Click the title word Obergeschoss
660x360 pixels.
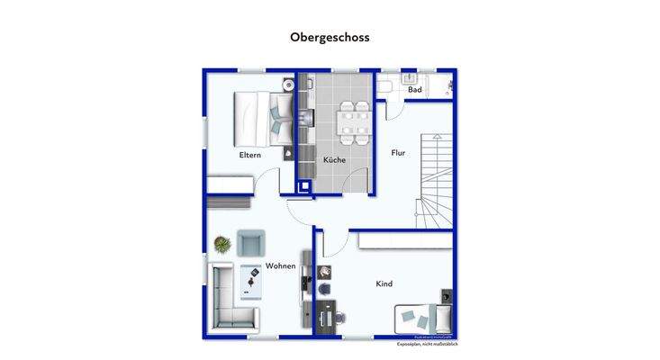point(330,38)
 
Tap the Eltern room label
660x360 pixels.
point(249,156)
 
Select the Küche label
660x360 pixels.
point(334,160)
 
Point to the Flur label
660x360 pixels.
point(398,153)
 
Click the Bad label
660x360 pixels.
point(414,90)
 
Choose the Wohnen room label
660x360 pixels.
point(281,266)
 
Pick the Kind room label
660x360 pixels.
point(384,284)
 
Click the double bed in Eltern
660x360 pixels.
point(261,119)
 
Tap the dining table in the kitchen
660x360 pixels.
point(353,121)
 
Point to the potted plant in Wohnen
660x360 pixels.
point(221,243)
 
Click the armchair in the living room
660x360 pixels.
point(251,242)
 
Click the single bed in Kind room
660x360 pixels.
point(421,317)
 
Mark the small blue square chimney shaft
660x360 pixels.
point(303,188)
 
